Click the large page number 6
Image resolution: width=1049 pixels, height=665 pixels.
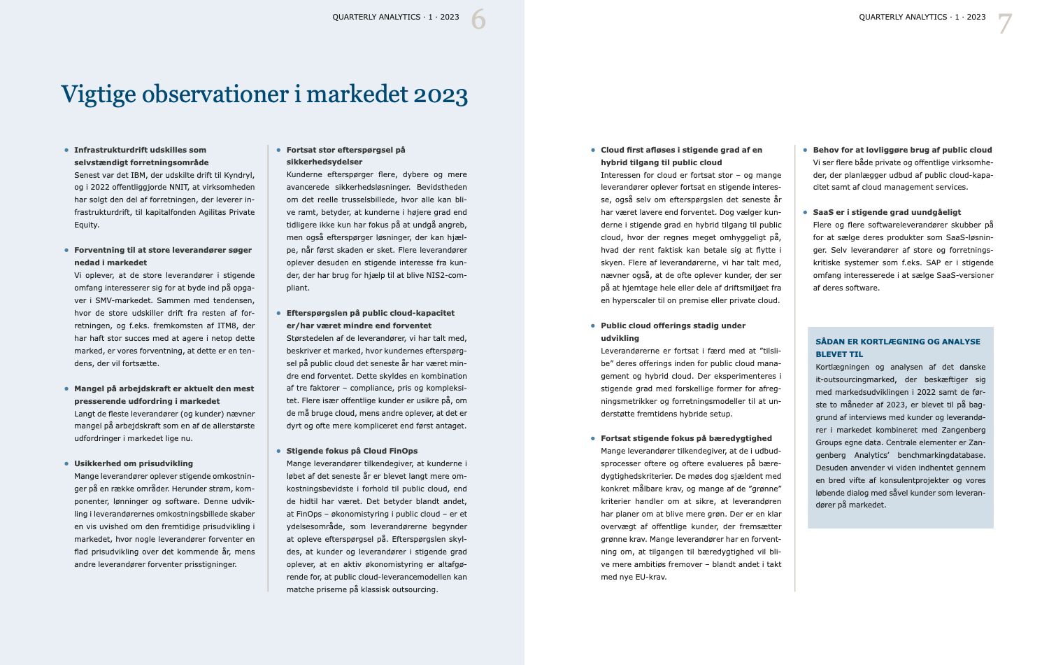[x=478, y=20]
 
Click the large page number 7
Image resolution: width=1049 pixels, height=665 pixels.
[x=1005, y=24]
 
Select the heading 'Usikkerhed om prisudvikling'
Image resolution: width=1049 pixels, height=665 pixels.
[x=134, y=463]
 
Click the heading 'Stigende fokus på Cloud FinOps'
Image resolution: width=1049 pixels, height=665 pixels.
[x=352, y=451]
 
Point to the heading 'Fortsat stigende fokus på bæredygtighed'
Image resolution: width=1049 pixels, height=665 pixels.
[x=686, y=438]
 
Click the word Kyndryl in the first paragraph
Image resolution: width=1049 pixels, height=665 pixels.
[x=239, y=175]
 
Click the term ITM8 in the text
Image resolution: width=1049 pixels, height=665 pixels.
[x=227, y=325]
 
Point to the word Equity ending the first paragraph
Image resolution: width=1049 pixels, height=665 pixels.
[x=87, y=225]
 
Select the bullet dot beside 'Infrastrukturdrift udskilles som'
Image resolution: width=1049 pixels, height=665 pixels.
[x=67, y=150]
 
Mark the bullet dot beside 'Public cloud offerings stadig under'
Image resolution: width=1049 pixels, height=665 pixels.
[x=593, y=325]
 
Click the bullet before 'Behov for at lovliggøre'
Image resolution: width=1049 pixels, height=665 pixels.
[x=806, y=150]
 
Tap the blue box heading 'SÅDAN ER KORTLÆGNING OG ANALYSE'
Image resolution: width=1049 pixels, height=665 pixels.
[x=898, y=342]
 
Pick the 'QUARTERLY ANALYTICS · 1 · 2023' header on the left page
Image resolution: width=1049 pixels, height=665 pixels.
[x=396, y=17]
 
